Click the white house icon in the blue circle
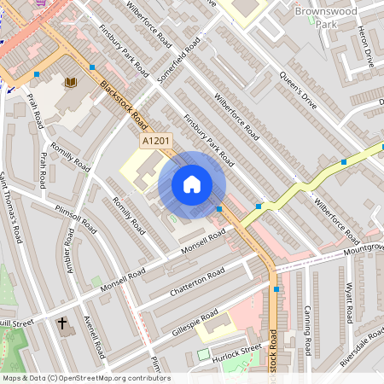pos(192,184)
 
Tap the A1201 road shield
pos(155,141)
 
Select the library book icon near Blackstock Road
pos(70,82)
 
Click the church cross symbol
pos(62,323)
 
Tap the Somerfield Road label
pos(178,60)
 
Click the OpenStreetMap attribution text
pos(85,377)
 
